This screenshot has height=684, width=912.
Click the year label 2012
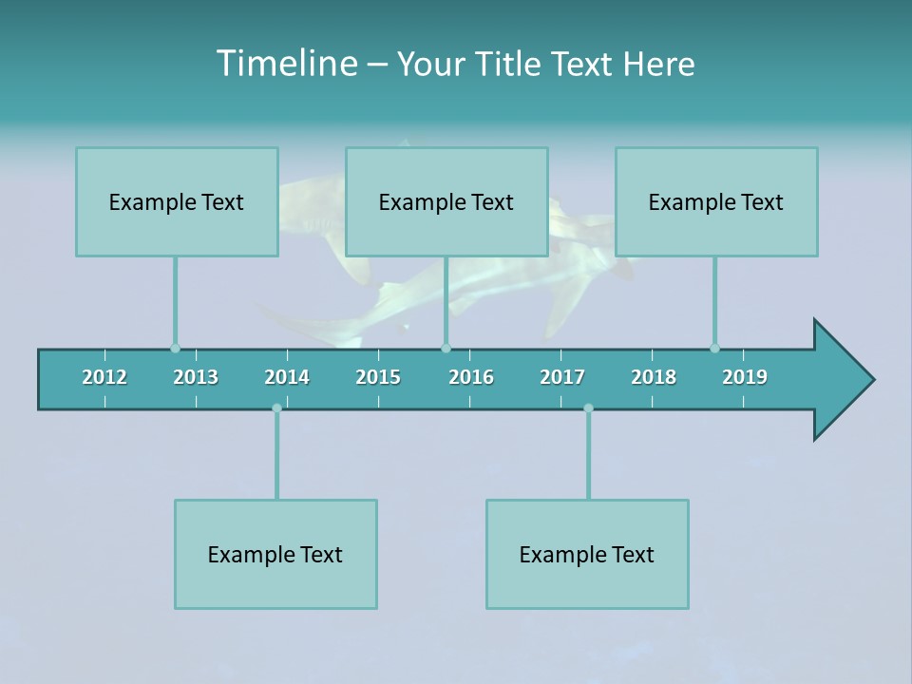(x=104, y=377)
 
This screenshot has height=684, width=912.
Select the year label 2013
(x=196, y=377)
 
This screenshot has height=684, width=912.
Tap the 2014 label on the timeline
(x=287, y=377)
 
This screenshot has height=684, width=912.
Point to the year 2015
(x=378, y=377)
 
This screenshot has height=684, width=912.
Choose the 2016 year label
(x=471, y=377)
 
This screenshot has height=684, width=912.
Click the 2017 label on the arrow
(x=562, y=377)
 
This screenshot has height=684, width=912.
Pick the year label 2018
(x=654, y=377)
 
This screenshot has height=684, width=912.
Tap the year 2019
(x=745, y=377)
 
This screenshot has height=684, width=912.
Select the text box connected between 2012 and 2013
(x=177, y=201)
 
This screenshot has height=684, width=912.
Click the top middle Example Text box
(x=446, y=201)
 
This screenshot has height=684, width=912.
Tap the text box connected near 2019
(x=716, y=201)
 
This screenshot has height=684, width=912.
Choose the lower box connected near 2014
(x=275, y=554)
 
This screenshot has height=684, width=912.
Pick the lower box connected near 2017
(x=587, y=554)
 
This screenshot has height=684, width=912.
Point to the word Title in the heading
(x=511, y=64)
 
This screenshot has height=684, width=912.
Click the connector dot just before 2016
(x=446, y=348)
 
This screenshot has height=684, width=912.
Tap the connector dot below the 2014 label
(x=276, y=408)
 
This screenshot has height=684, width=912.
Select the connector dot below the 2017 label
(x=588, y=408)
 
